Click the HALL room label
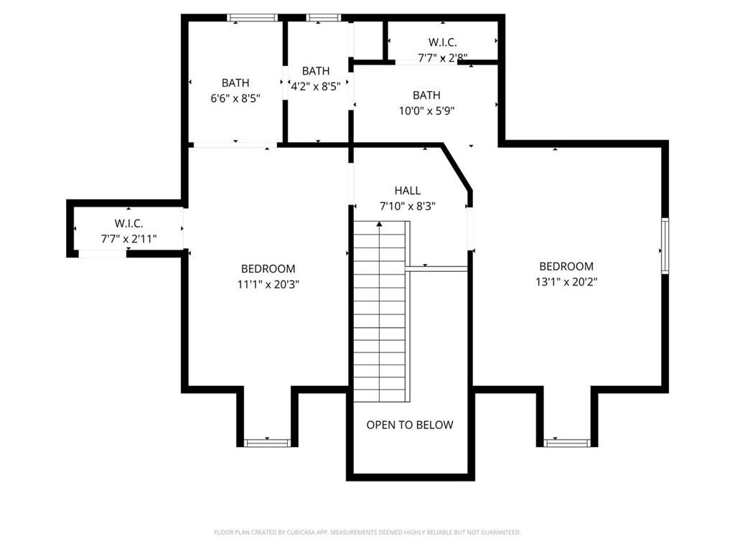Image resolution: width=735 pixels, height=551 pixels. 408,190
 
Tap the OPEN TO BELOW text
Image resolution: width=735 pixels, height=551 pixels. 410,425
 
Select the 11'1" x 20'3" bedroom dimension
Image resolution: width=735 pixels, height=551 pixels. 268,284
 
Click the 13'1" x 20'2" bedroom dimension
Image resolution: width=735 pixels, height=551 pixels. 566,281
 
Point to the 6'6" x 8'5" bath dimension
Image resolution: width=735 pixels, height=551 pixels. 235,98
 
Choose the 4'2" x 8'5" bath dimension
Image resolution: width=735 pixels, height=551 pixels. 316,86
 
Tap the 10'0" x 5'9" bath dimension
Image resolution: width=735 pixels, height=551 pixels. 426,110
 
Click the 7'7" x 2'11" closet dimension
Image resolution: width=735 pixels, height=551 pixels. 129,239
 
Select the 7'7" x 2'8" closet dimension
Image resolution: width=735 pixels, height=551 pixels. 442,57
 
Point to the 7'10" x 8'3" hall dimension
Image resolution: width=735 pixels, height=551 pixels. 408,206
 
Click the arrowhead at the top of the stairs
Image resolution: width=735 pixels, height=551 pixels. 379,224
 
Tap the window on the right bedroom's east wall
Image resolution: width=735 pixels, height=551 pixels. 665,245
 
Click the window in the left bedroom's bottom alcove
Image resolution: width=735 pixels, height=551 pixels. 268,443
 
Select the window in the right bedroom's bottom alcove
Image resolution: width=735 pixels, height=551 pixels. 567,443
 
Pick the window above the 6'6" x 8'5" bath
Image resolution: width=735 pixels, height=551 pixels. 253,18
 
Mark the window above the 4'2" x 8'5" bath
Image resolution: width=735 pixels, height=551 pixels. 324,18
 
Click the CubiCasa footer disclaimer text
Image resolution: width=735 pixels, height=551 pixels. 367,532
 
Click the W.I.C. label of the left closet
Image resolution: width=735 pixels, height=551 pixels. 129,224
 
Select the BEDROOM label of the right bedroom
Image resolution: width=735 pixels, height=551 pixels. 566,266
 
